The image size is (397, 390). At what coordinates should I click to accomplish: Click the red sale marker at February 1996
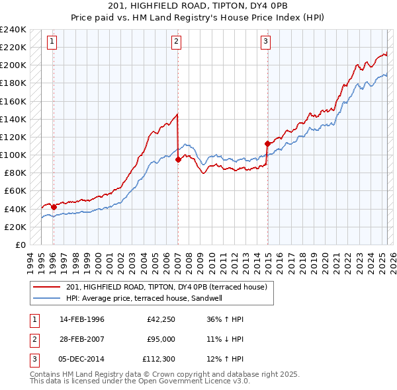[54, 207]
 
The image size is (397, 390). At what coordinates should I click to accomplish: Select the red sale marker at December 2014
[267, 143]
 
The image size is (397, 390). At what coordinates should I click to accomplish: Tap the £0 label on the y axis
[20, 245]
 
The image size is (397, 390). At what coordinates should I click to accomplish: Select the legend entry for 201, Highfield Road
[166, 287]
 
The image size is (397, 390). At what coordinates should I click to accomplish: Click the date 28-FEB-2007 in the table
[82, 339]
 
